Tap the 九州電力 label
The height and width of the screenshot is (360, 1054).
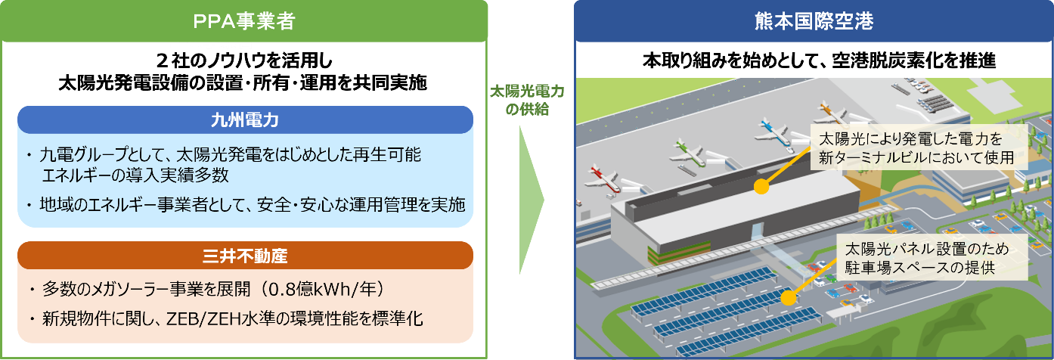244,119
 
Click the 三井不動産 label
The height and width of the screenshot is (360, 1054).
244,256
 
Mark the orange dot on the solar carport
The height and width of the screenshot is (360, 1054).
789,297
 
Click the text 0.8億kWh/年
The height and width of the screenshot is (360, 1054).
333,290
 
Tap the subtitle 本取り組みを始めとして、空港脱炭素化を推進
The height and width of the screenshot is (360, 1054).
814,61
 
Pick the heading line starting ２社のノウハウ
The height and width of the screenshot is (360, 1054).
243,59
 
